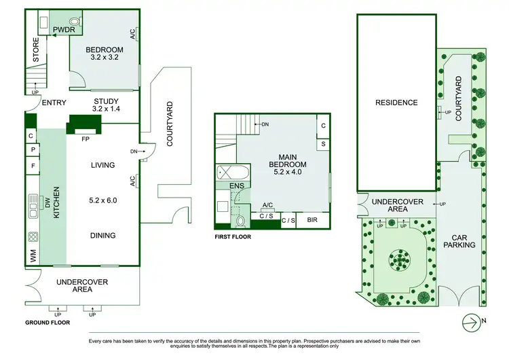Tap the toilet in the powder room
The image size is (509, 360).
click(x=75, y=21)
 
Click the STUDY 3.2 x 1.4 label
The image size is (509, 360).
click(x=105, y=106)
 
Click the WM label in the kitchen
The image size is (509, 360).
click(x=32, y=256)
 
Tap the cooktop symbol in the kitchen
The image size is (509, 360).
click(x=32, y=238)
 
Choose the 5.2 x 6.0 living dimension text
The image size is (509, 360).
click(x=103, y=201)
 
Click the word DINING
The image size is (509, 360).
click(x=103, y=236)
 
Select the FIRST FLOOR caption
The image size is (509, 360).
click(x=232, y=237)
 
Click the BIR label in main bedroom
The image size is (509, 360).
click(x=313, y=220)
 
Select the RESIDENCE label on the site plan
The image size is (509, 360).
click(x=396, y=103)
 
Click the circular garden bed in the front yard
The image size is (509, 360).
click(x=398, y=259)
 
